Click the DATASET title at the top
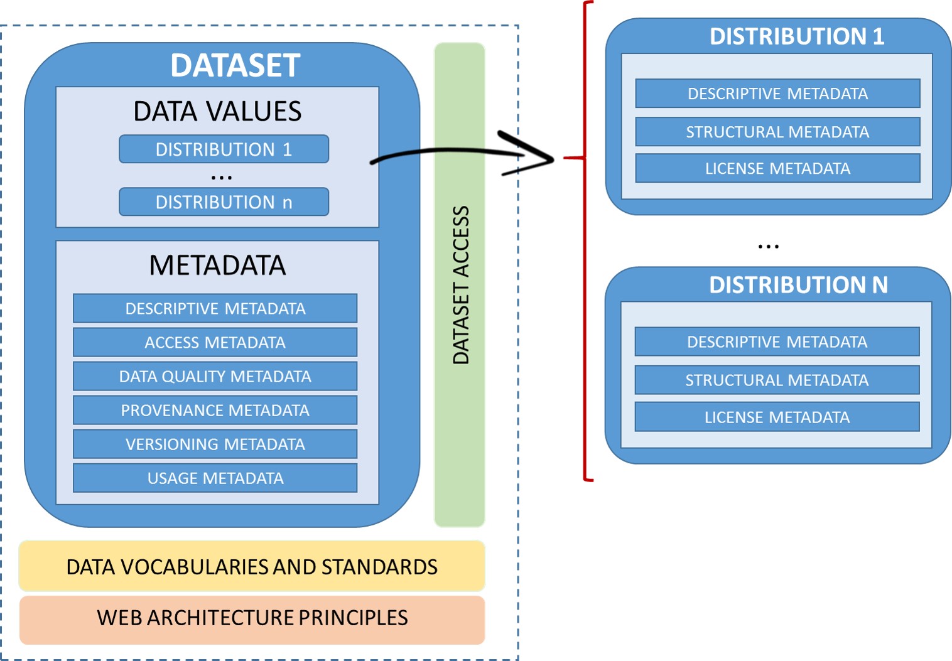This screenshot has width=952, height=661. pyautogui.click(x=235, y=65)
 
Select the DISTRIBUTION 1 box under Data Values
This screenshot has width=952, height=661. pyautogui.click(x=224, y=149)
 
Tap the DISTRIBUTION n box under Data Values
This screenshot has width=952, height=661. pyautogui.click(x=224, y=202)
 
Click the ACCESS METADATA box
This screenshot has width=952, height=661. pyautogui.click(x=215, y=343)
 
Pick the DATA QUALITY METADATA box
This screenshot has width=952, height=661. pyautogui.click(x=215, y=377)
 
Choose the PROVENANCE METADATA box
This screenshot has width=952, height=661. pyautogui.click(x=215, y=411)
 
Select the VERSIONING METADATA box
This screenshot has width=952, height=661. pyautogui.click(x=215, y=444)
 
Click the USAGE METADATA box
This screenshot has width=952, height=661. pyautogui.click(x=215, y=478)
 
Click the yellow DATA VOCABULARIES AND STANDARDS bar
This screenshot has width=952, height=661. pyautogui.click(x=252, y=567)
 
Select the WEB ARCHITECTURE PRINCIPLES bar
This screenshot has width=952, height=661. pyautogui.click(x=252, y=618)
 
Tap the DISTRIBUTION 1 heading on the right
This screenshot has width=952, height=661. pyautogui.click(x=797, y=36)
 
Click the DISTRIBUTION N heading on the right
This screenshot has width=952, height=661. pyautogui.click(x=798, y=285)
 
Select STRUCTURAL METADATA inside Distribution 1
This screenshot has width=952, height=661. pyautogui.click(x=777, y=132)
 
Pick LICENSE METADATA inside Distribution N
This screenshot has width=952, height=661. pyautogui.click(x=777, y=417)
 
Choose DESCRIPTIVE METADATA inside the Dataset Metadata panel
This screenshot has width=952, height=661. pyautogui.click(x=215, y=309)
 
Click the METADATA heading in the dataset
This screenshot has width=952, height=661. pyautogui.click(x=217, y=266)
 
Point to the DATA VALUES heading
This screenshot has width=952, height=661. pyautogui.click(x=217, y=112)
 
